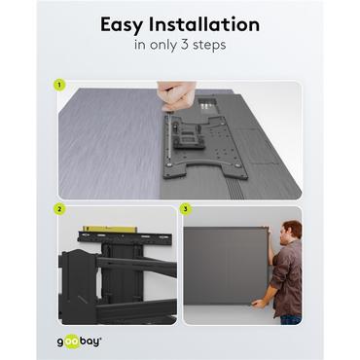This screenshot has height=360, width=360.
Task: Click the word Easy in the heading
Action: pyautogui.click(x=124, y=24)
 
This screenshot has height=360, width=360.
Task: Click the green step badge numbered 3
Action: pyautogui.click(x=187, y=207)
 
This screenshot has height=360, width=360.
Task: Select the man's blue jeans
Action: pyautogui.click(x=289, y=313)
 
